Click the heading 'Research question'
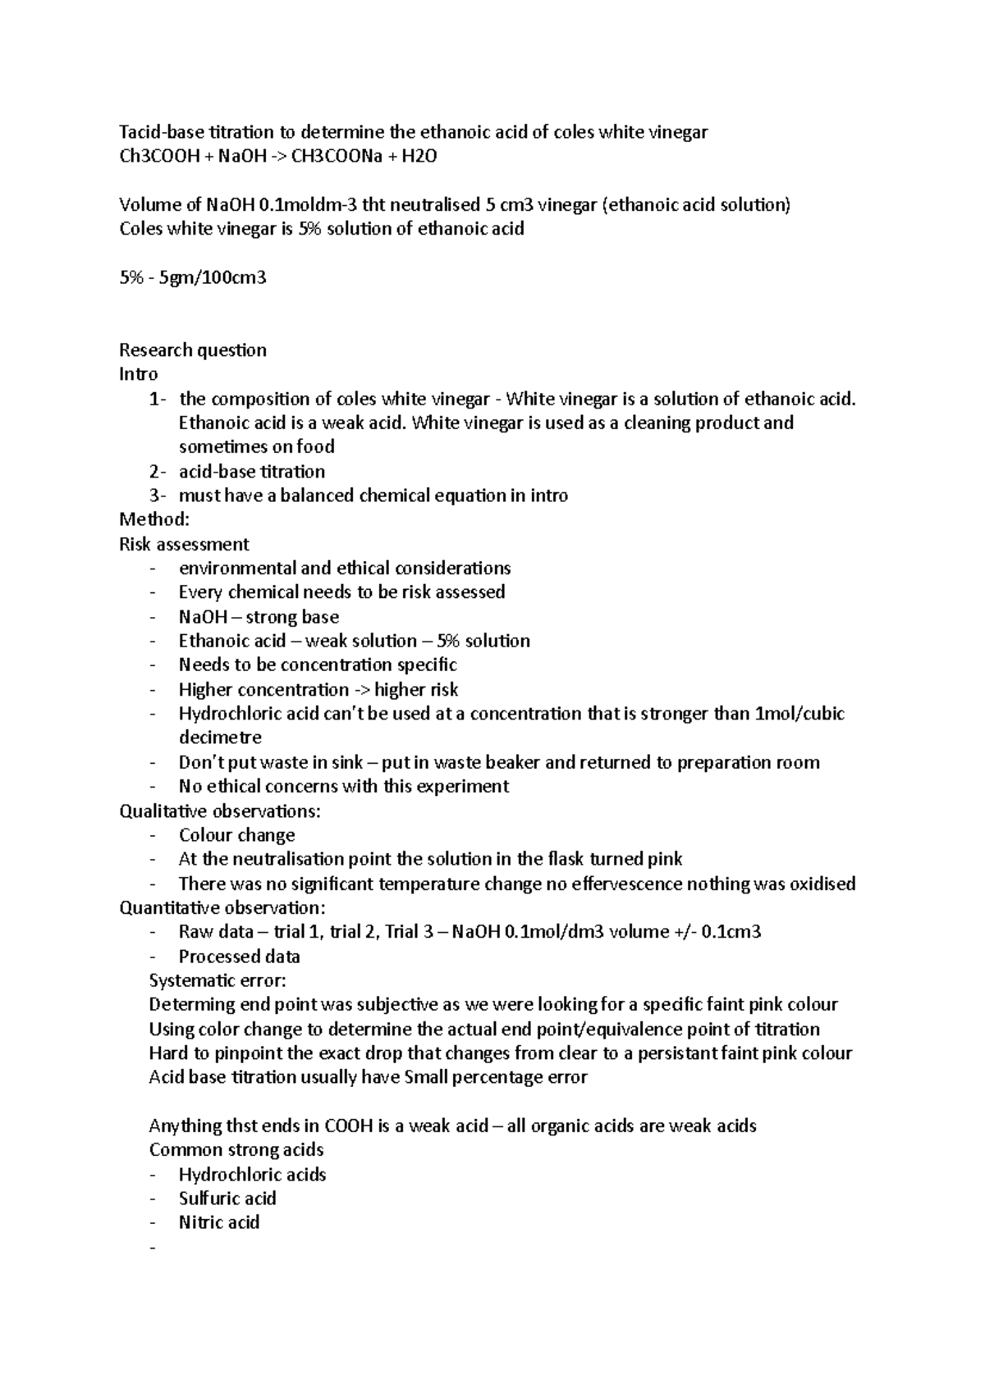(x=193, y=350)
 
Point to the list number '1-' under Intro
(x=157, y=400)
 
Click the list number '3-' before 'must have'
(x=157, y=496)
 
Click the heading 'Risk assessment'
(x=184, y=544)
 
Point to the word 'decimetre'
(x=220, y=738)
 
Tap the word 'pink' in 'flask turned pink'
(x=665, y=859)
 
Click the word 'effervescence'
(x=626, y=884)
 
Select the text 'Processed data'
(x=239, y=957)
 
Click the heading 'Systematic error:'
(x=218, y=980)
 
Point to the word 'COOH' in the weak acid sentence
(x=349, y=1126)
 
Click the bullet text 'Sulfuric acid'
(x=227, y=1199)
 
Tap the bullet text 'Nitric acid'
(x=219, y=1222)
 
